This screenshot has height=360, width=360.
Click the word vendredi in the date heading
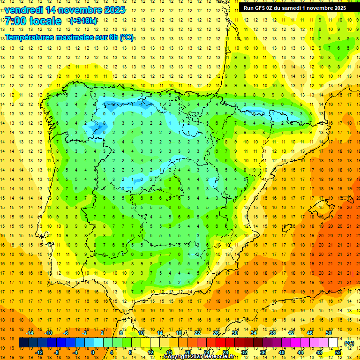pyautogui.click(x=22, y=10)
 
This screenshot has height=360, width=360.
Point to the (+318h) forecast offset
pyautogui.click(x=83, y=21)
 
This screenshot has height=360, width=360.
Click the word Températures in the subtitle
pyautogui.click(x=30, y=37)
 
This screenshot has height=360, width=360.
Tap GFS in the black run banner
pyautogui.click(x=262, y=8)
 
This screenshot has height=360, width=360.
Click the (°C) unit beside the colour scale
pyautogui.click(x=349, y=343)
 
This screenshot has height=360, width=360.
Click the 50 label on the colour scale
pyautogui.click(x=328, y=333)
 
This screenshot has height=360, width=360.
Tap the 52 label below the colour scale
pyautogui.click(x=338, y=352)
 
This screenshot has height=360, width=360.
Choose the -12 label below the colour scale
pyautogui.click(x=39, y=352)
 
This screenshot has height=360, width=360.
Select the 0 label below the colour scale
pyautogui.click(x=93, y=352)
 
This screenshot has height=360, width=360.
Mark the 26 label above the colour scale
pyautogui.click(x=216, y=333)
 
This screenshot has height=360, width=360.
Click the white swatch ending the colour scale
pyautogui.click(x=333, y=343)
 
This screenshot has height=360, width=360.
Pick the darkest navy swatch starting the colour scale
pyautogui.click(x=23, y=343)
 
